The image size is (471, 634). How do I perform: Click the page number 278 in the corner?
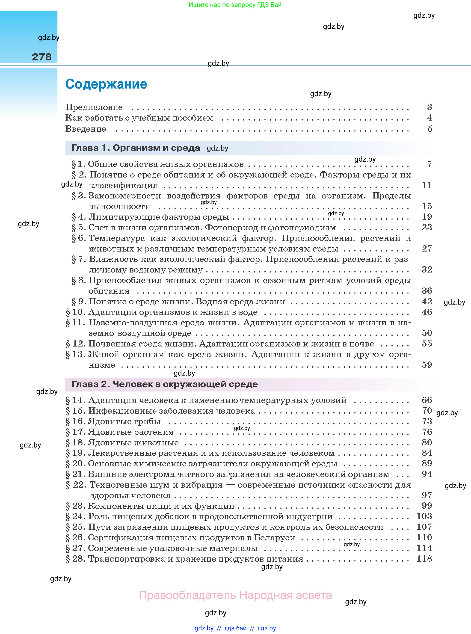click(x=42, y=57)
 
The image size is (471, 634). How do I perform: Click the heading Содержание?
click(x=106, y=84)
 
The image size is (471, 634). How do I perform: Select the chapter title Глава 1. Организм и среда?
click(x=136, y=148)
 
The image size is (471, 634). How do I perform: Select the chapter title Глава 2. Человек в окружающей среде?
click(x=165, y=384)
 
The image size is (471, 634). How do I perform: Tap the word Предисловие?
click(x=94, y=107)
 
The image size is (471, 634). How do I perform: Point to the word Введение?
click(x=86, y=129)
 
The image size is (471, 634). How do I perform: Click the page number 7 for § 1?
click(x=430, y=164)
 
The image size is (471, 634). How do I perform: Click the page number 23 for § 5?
click(x=427, y=228)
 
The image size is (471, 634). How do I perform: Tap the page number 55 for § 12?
click(x=427, y=344)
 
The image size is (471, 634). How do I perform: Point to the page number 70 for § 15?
click(x=427, y=411)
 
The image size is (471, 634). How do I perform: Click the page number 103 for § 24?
click(x=424, y=516)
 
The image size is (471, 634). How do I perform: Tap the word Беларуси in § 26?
click(x=274, y=538)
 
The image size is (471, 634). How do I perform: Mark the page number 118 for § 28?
click(x=424, y=559)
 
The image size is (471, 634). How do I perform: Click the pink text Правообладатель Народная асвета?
click(x=235, y=595)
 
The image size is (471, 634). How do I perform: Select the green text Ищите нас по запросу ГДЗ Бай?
click(x=235, y=5)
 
